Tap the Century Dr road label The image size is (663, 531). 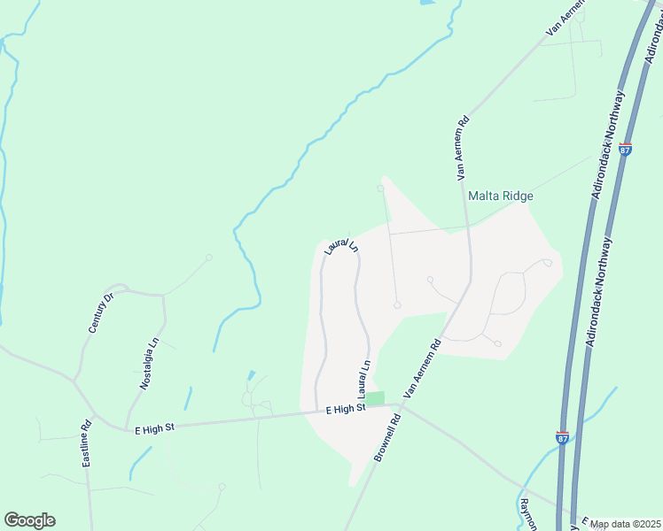coord(103,312)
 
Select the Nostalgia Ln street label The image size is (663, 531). coord(149,364)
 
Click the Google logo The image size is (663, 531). coord(29,520)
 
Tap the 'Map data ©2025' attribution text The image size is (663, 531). coord(624,524)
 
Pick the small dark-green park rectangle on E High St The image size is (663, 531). coord(377,399)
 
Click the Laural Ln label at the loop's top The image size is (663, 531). coord(340,245)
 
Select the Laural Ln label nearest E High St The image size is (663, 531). coord(363,379)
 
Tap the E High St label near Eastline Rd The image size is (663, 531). coord(155,428)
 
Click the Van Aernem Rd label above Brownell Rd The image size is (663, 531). coord(422,369)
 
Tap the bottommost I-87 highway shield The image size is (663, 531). coord(562,436)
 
